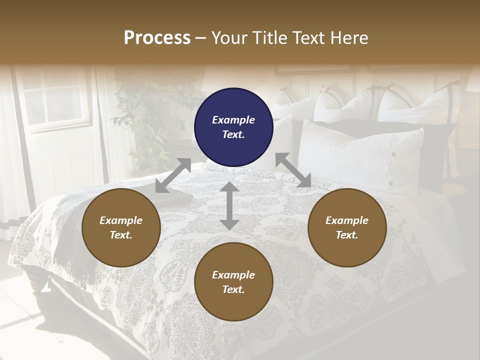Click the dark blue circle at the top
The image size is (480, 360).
[233, 127]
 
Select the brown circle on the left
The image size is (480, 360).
[121, 227]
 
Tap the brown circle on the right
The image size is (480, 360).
[346, 227]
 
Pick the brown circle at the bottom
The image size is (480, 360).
[233, 282]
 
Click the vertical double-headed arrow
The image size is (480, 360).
[229, 205]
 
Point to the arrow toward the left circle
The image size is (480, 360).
[173, 175]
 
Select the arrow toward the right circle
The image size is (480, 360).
[293, 170]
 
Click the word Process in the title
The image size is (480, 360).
[157, 38]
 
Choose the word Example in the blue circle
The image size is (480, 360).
[233, 120]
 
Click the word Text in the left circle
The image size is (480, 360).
[121, 235]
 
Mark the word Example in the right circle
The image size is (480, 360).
[346, 220]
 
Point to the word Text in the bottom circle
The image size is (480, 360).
[233, 289]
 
